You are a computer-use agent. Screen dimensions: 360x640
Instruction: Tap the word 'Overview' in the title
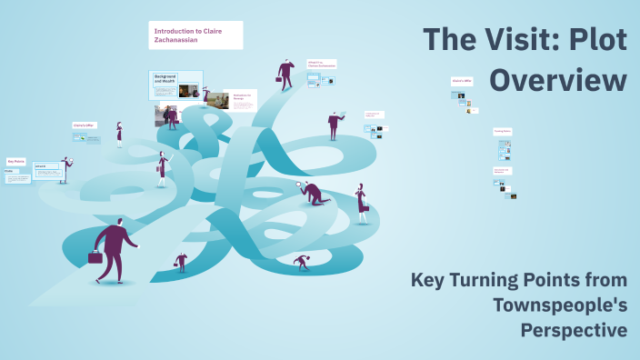558,79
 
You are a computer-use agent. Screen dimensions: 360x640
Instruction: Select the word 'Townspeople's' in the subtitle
560,305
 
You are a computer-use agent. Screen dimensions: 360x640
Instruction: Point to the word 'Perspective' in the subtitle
574,329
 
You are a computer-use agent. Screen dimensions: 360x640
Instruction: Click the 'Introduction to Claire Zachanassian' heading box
195,35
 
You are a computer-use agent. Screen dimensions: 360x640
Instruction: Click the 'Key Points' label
15,161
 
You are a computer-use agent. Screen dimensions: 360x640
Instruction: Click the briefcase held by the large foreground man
95,257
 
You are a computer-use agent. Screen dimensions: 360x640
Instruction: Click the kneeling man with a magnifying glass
313,193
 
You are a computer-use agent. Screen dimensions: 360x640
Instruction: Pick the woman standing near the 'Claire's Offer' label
119,134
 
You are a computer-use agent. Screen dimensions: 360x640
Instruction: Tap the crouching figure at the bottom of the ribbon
302,262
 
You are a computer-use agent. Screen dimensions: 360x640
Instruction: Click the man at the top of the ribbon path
286,74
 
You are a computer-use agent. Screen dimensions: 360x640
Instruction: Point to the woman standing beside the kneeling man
362,203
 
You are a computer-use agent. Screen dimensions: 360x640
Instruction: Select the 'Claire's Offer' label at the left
85,125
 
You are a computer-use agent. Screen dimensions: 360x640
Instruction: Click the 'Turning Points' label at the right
502,131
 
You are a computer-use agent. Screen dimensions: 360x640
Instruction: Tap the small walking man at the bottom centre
181,262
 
